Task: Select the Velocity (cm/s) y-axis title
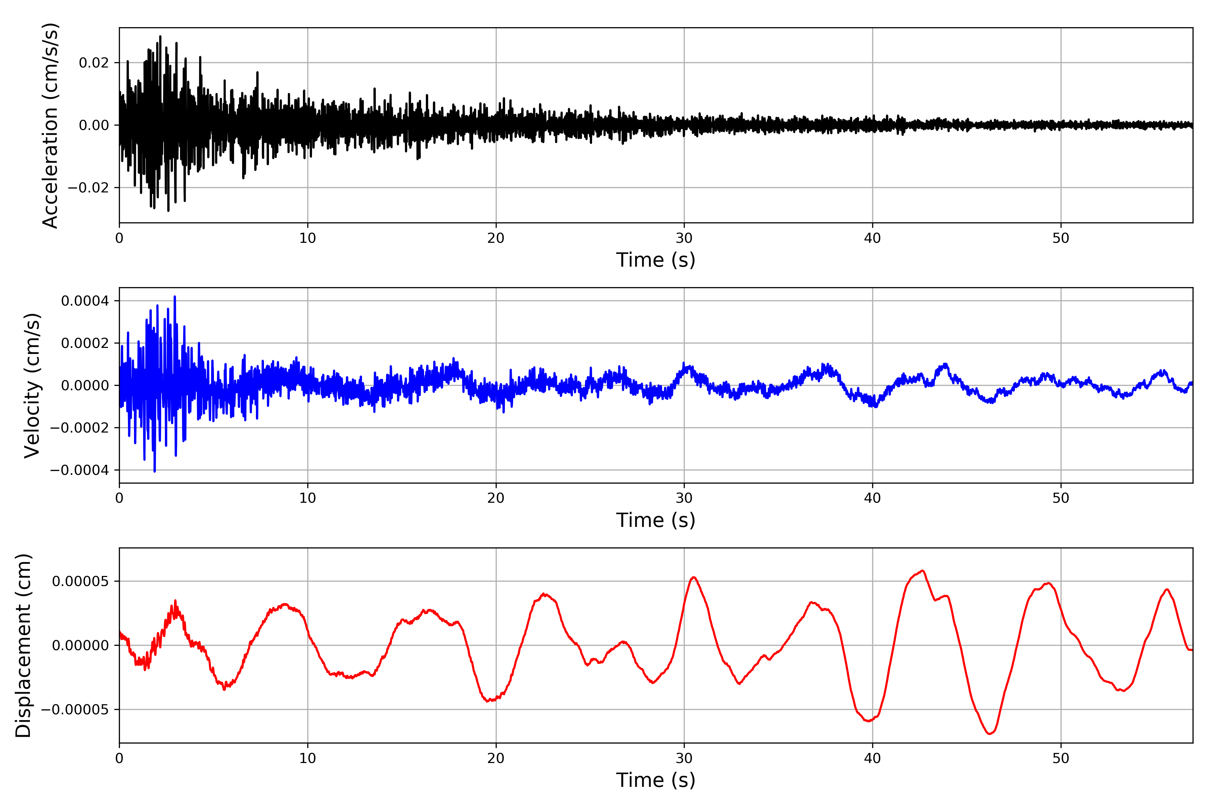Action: pyautogui.click(x=32, y=386)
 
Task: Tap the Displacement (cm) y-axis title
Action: pyautogui.click(x=23, y=645)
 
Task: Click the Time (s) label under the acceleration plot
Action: pyautogui.click(x=656, y=260)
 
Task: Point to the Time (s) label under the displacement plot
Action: pyautogui.click(x=656, y=780)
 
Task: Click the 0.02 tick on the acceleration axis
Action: pyautogui.click(x=94, y=63)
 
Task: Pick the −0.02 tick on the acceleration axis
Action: pyautogui.click(x=88, y=188)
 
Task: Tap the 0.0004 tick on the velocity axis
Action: pyautogui.click(x=85, y=301)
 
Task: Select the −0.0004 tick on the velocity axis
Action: pyautogui.click(x=79, y=470)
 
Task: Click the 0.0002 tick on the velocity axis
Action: pyautogui.click(x=85, y=343)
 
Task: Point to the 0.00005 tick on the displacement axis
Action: pyautogui.click(x=80, y=581)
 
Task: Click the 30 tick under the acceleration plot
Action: pyautogui.click(x=684, y=238)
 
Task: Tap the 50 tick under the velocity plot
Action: pyautogui.click(x=1061, y=498)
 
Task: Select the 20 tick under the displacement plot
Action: pyautogui.click(x=496, y=758)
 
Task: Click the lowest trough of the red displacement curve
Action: pyautogui.click(x=989, y=733)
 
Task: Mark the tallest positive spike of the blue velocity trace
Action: pyautogui.click(x=175, y=297)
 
